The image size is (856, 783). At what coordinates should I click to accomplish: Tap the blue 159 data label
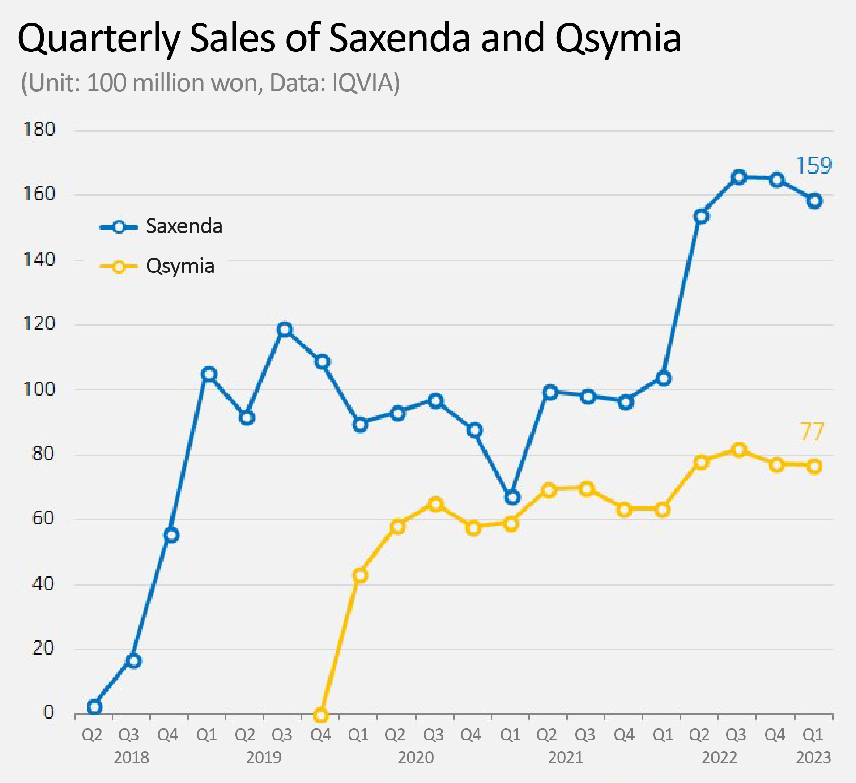(x=813, y=166)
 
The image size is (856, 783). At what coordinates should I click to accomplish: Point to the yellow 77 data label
(x=811, y=432)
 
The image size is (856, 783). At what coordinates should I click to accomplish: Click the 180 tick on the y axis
(x=39, y=130)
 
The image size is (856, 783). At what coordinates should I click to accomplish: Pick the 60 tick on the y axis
(x=43, y=519)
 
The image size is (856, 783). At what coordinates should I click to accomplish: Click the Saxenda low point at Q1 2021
(x=512, y=497)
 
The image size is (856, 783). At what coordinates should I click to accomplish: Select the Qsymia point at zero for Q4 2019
(x=321, y=715)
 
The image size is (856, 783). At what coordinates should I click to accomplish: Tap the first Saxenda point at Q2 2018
(x=94, y=707)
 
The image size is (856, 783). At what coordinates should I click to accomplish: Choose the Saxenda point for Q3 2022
(x=739, y=177)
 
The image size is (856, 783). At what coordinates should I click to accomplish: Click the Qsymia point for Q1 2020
(x=360, y=575)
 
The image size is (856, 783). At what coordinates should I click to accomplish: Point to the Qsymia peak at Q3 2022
(x=739, y=450)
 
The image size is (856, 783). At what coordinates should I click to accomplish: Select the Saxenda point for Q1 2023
(x=814, y=201)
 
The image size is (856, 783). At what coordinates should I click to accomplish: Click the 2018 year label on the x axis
(x=131, y=758)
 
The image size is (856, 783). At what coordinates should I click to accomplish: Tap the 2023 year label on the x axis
(x=813, y=758)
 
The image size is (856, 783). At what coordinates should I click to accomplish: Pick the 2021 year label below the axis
(x=566, y=758)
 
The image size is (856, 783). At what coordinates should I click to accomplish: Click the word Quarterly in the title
(x=98, y=38)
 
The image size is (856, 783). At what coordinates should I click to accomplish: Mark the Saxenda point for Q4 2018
(x=171, y=535)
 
